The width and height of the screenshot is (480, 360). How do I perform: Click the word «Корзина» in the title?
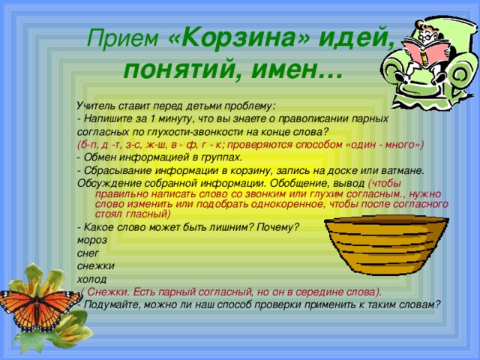(238, 38)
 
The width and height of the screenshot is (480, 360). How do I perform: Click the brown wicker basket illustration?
(386, 244)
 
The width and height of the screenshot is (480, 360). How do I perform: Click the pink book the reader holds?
(425, 52)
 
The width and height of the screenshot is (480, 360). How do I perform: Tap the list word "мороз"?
(92, 240)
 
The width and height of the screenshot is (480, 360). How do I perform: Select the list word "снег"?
(88, 253)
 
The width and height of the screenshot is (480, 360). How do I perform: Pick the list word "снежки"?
(96, 265)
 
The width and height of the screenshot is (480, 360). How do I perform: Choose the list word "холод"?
(91, 279)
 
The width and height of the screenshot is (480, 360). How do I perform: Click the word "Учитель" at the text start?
(95, 106)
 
